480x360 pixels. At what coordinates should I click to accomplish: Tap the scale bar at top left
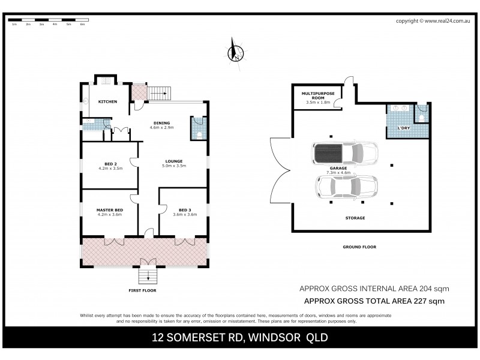(x=47, y=22)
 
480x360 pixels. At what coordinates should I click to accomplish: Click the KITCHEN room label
(x=107, y=101)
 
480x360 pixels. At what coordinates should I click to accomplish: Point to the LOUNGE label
(x=174, y=161)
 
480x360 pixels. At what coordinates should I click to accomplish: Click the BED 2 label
(x=110, y=164)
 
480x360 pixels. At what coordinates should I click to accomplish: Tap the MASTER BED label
(x=109, y=209)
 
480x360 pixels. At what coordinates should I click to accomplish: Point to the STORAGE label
(x=355, y=218)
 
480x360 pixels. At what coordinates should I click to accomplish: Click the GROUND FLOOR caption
(x=359, y=247)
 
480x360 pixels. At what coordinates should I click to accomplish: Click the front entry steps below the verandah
(x=147, y=277)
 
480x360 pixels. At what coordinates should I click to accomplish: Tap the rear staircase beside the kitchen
(x=160, y=93)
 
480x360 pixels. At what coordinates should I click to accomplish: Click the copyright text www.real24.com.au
(x=448, y=21)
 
